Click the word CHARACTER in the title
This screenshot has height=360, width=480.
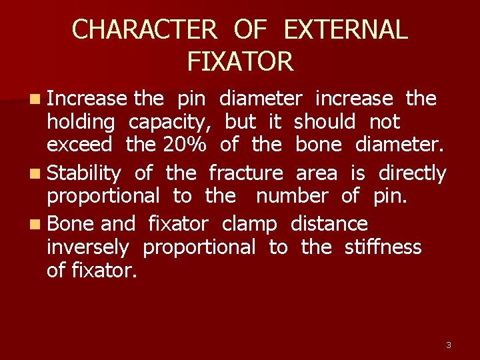point(144,30)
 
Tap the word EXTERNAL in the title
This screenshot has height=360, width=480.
point(345,30)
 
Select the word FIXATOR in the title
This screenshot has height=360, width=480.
point(240,62)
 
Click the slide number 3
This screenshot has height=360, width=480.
point(448,345)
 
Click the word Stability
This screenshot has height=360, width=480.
point(84,173)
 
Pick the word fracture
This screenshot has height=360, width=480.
point(245,173)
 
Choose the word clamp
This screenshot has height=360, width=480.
point(249,224)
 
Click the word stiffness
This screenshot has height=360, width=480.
point(383,247)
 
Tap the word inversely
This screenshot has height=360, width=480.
point(87,247)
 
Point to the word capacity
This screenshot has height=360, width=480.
point(170,123)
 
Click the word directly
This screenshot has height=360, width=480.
point(412,173)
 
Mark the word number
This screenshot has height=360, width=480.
point(291,196)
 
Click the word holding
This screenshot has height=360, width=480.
point(81,123)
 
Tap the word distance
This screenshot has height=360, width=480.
point(329,224)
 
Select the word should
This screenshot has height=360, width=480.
point(325,122)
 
